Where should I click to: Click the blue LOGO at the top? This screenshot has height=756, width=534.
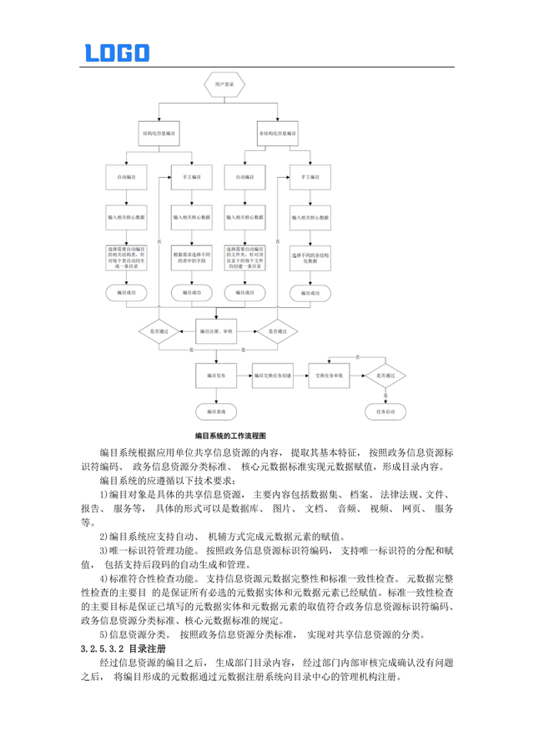point(117,53)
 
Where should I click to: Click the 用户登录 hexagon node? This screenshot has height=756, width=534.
point(220,85)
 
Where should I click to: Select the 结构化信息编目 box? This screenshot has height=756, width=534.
point(159,134)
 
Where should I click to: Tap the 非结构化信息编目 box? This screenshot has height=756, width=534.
point(278,134)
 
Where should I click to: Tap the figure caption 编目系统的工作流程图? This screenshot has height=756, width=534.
point(229,436)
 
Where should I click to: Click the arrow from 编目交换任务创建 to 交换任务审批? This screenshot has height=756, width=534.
point(298,377)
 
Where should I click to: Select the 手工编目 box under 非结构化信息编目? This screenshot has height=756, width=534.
point(309,178)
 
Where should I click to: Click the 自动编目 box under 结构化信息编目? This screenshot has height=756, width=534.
point(127,178)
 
